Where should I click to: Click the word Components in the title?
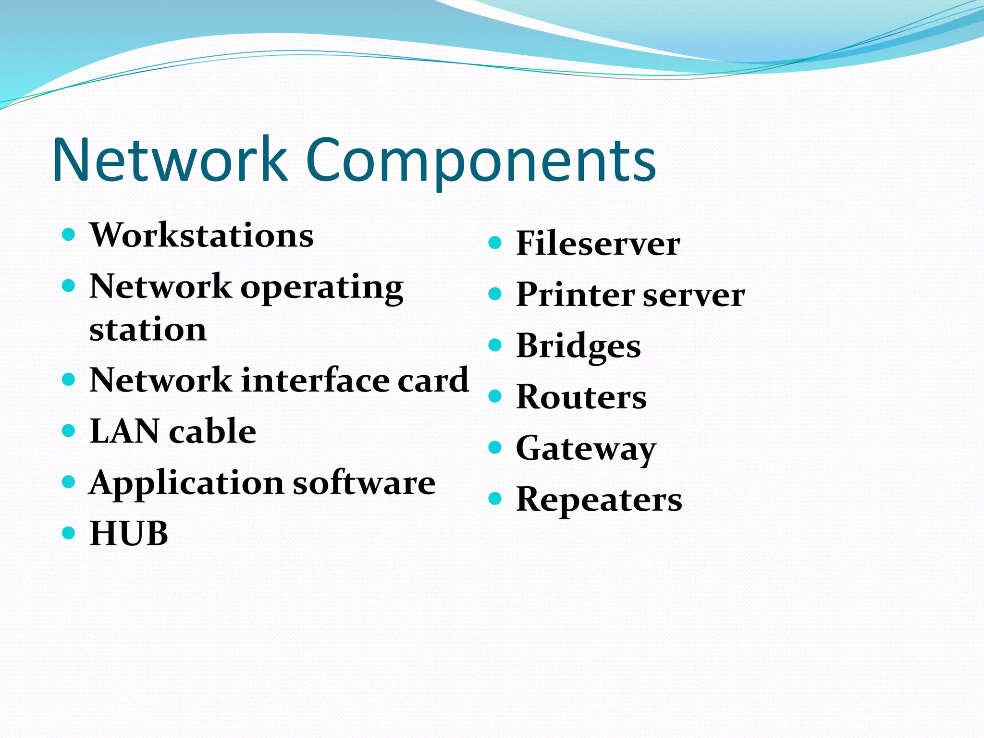(480, 161)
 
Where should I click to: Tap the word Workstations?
(202, 235)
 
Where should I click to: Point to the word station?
(148, 330)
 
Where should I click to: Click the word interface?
(315, 380)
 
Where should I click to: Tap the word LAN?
(124, 431)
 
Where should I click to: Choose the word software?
(364, 482)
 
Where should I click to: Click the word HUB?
(129, 533)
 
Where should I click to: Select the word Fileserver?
(598, 243)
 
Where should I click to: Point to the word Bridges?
(578, 346)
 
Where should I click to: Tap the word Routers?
(581, 397)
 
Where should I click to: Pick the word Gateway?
(586, 449)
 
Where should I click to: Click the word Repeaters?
(599, 500)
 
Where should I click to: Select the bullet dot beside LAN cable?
(69, 430)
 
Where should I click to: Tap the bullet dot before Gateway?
(495, 448)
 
